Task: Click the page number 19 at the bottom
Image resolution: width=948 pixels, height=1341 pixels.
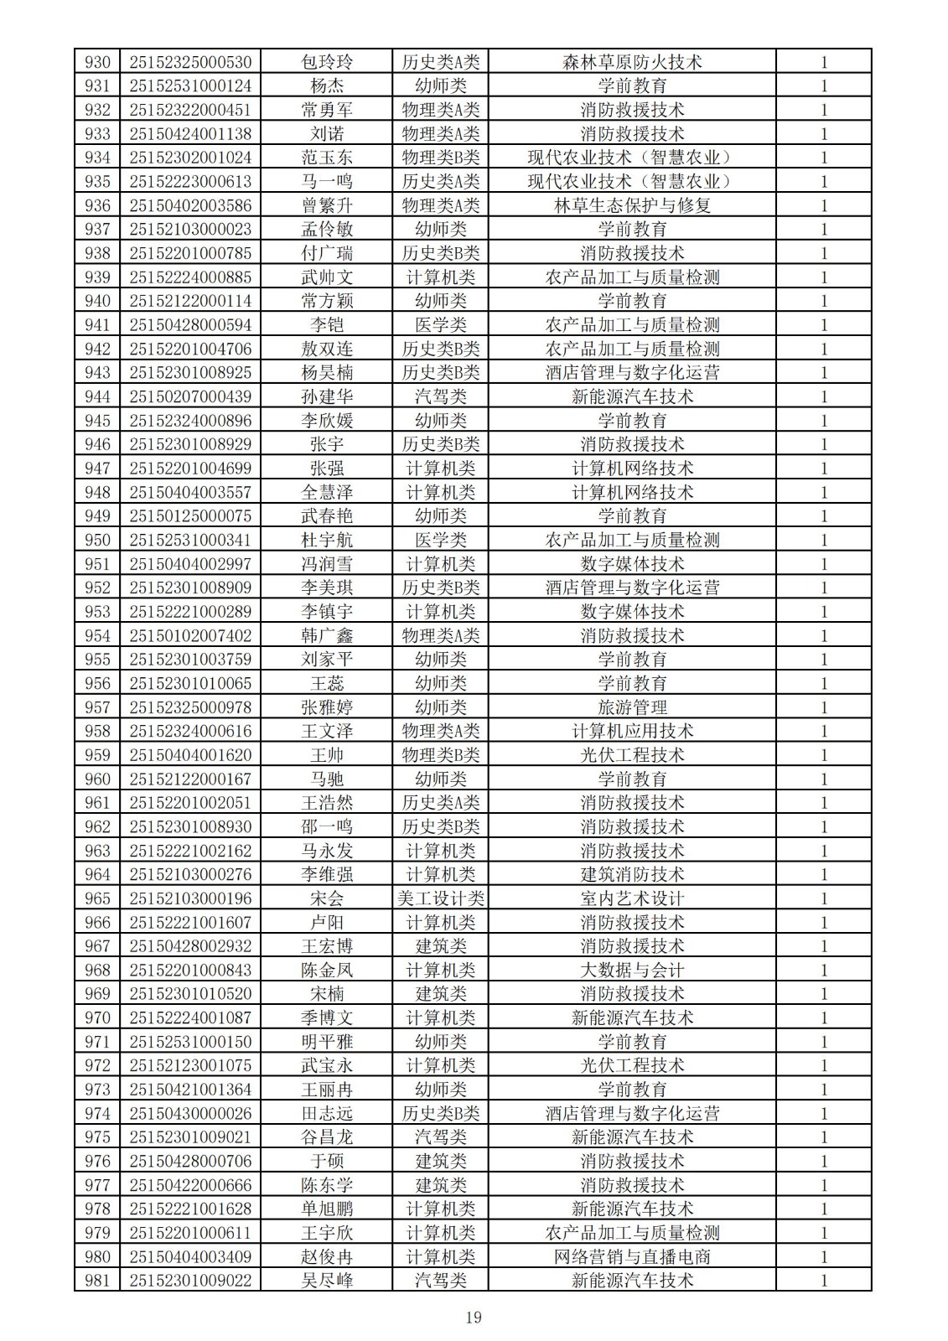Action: [474, 1318]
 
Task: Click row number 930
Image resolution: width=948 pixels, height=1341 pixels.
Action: [97, 62]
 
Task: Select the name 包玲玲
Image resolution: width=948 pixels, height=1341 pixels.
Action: [327, 62]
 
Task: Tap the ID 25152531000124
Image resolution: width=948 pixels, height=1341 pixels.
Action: [190, 85]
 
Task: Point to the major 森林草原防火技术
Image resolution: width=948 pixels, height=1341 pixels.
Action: [632, 62]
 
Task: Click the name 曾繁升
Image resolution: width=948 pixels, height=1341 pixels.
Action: [327, 205]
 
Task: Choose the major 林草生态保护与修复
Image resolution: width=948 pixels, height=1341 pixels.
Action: [632, 205]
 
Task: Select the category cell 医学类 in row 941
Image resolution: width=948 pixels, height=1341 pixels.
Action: [441, 325]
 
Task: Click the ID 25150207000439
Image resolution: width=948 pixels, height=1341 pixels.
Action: [190, 396]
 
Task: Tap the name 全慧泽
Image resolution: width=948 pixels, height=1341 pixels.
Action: [327, 492]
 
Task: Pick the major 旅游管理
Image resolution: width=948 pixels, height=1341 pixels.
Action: [632, 707]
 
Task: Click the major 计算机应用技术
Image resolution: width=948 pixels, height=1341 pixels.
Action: [632, 731]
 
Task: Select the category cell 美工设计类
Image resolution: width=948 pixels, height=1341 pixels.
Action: [441, 898]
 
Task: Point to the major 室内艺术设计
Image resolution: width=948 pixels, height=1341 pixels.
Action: [632, 898]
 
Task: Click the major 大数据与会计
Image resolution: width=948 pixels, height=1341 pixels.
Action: [632, 970]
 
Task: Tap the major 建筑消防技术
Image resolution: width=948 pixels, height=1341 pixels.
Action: [632, 874]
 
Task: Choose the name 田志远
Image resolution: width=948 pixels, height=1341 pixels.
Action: [327, 1113]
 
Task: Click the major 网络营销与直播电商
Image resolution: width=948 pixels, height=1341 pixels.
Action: [632, 1256]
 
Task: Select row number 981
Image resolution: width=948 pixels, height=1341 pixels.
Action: [97, 1280]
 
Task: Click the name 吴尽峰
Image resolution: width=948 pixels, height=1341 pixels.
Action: [327, 1280]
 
